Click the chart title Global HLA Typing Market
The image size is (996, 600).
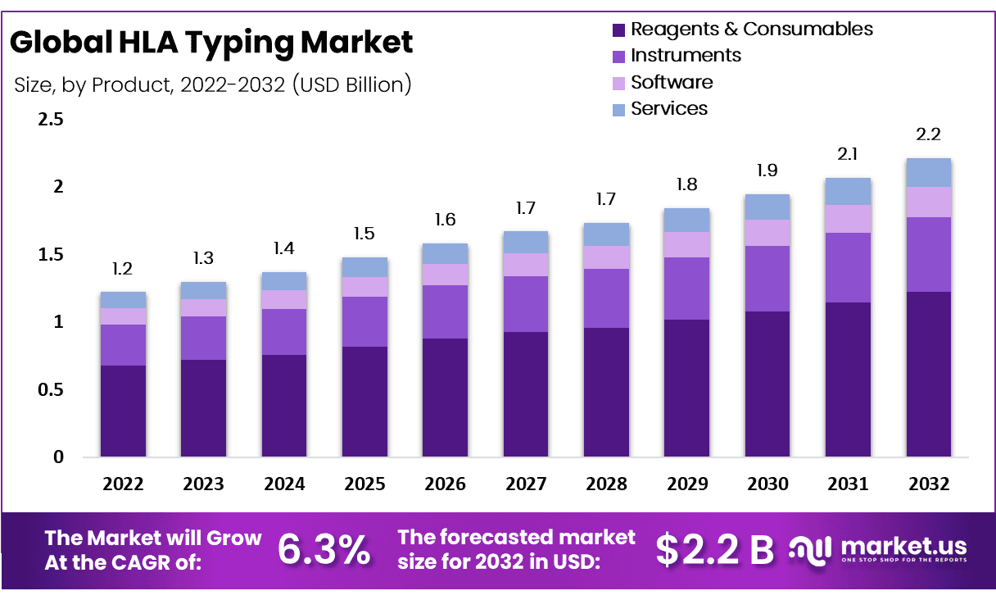(x=211, y=42)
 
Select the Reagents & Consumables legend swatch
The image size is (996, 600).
(x=618, y=30)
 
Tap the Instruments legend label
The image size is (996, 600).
(x=686, y=56)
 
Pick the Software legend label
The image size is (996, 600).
(x=672, y=82)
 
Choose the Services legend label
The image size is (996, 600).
(x=669, y=108)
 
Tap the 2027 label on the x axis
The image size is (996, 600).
(x=526, y=484)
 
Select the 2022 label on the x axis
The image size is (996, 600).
(x=123, y=484)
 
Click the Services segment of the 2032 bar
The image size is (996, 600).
(x=928, y=172)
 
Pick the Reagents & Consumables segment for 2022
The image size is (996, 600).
(x=123, y=411)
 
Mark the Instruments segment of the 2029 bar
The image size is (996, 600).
(x=687, y=289)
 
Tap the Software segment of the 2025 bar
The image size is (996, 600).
(x=364, y=286)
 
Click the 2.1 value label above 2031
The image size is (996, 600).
(x=848, y=153)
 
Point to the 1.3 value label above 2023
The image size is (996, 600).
(x=203, y=258)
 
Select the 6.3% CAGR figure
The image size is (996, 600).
(x=324, y=550)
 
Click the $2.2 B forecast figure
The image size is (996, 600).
(x=715, y=550)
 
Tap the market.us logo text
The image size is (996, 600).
(x=903, y=546)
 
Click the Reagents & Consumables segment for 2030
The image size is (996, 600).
(x=767, y=384)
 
